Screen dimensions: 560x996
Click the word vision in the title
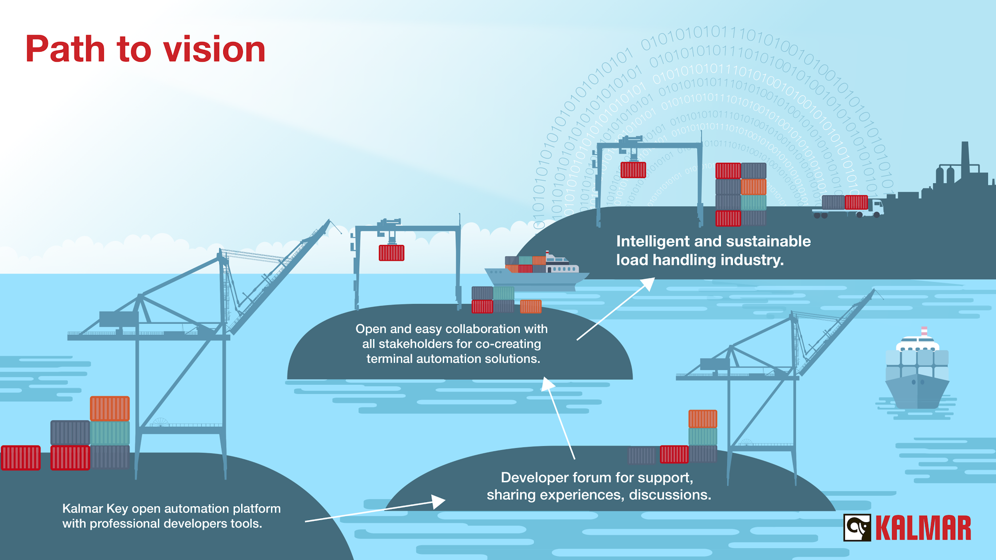click(214, 50)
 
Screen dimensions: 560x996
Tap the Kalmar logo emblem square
click(857, 528)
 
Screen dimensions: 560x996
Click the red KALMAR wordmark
click(923, 528)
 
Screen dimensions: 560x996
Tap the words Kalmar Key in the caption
click(95, 509)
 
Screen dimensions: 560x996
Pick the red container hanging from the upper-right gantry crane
click(633, 170)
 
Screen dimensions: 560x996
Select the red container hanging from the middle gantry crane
click(391, 253)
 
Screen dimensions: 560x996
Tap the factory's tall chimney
click(965, 157)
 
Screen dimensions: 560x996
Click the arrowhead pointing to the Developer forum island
click(438, 501)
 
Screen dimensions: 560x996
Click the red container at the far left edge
click(20, 457)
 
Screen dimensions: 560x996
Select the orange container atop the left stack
click(110, 408)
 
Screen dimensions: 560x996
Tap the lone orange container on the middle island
click(530, 307)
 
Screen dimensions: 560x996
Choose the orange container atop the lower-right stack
click(703, 419)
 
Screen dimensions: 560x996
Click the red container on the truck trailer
click(856, 202)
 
